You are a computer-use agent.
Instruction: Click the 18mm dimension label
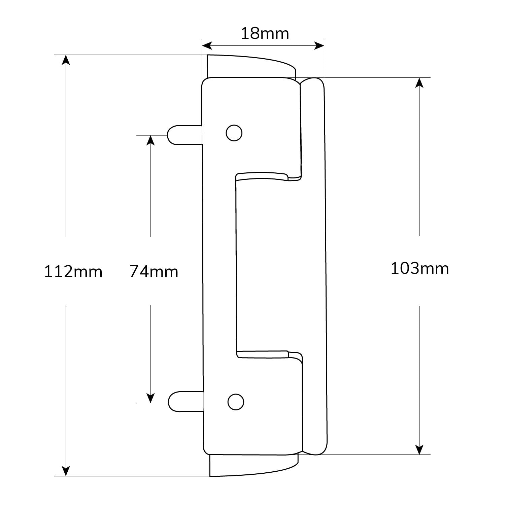pos(265,34)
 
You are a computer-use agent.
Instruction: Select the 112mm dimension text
pos(73,271)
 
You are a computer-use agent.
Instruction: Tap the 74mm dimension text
pos(154,271)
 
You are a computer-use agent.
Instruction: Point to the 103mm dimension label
pos(419,269)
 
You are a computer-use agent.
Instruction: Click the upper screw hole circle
pos(234,133)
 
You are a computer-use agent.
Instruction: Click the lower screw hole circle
pos(236,402)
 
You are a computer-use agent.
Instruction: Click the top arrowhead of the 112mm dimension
pos(66,60)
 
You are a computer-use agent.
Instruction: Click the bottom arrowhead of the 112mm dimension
pos(66,471)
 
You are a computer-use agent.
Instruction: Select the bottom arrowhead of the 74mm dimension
pos(150,398)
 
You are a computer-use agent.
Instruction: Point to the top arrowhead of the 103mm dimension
pos(419,83)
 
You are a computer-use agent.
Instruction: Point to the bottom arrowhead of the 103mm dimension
pos(419,449)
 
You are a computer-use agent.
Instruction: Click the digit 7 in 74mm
pos(134,271)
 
